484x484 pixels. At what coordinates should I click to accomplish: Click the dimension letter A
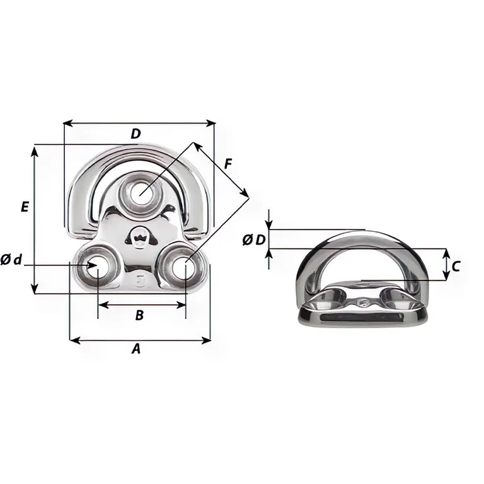pos(136,349)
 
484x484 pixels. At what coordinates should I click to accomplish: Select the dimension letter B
pos(139,315)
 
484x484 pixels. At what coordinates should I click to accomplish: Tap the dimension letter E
pos(25,206)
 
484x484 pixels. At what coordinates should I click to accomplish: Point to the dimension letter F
pos(228,164)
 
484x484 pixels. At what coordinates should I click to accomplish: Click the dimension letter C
pos(456,267)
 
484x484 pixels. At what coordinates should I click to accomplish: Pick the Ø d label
pos(11,260)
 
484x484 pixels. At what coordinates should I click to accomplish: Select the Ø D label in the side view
pos(254,240)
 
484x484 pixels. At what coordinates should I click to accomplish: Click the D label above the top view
pos(136,134)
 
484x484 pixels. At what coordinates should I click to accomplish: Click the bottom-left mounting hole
pos(96,265)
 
